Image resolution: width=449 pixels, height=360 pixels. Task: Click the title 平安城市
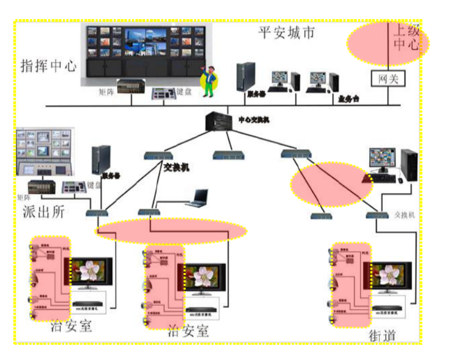(x=286, y=33)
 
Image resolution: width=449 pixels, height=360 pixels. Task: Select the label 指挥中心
(x=48, y=65)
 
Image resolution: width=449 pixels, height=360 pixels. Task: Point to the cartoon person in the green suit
(x=209, y=81)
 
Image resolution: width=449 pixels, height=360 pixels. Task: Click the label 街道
(x=383, y=335)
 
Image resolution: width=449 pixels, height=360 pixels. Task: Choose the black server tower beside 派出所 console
(x=101, y=160)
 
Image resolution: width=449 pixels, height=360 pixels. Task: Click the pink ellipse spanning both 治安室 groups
(x=171, y=231)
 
